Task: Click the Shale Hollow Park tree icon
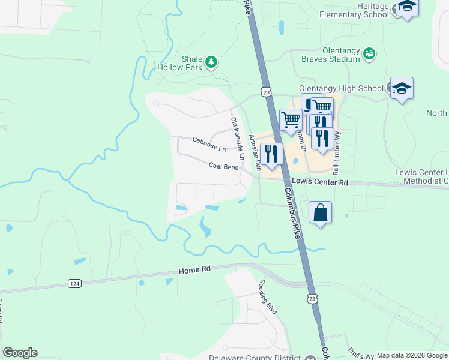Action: (x=211, y=61)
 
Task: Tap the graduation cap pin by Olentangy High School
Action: (x=402, y=89)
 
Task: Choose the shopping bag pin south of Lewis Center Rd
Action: (x=321, y=212)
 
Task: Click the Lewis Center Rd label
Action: (x=319, y=181)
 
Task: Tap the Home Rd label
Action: (x=194, y=271)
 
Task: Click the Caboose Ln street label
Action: (x=209, y=144)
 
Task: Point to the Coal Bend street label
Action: (x=223, y=166)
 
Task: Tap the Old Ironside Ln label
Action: (x=238, y=138)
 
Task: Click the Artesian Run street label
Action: (x=255, y=151)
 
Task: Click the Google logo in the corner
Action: (x=20, y=353)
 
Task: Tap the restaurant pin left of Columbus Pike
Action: (x=271, y=154)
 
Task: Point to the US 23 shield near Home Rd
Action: (x=311, y=298)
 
